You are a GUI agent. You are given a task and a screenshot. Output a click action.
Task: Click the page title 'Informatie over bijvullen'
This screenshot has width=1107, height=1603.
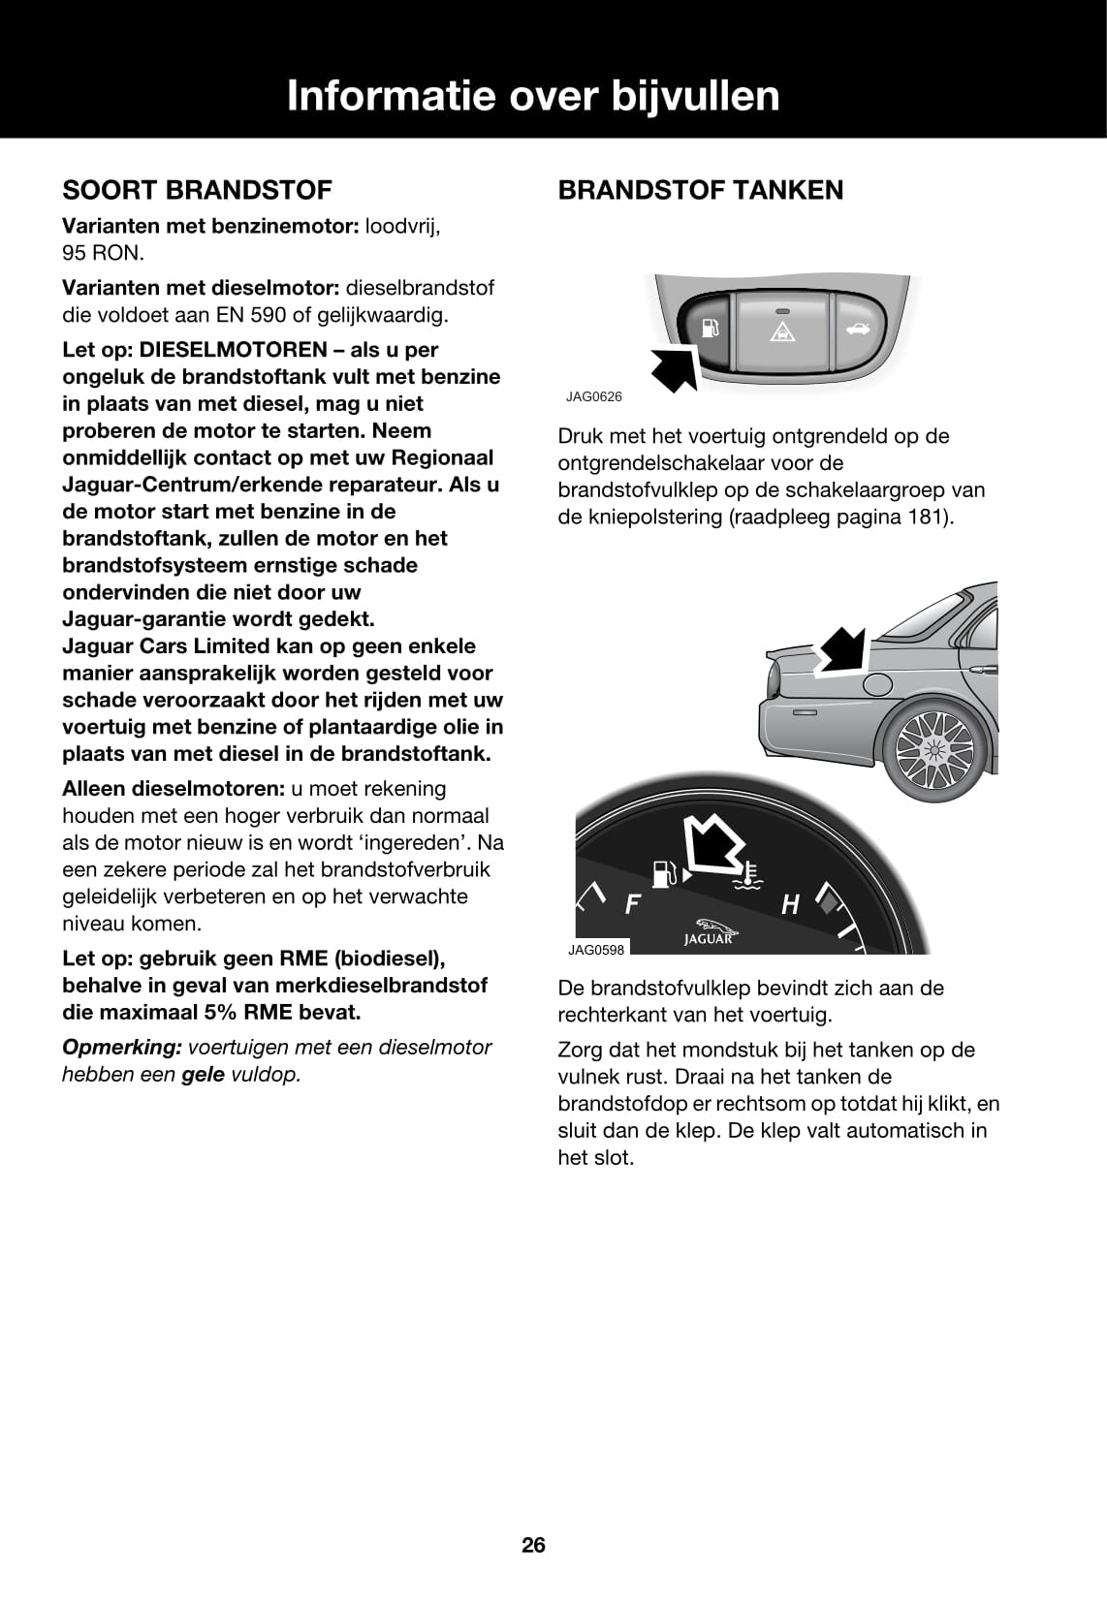tap(533, 97)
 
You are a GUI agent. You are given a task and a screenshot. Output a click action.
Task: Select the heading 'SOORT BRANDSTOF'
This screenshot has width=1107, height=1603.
tap(197, 190)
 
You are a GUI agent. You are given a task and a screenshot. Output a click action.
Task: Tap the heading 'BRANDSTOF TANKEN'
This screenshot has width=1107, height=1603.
tap(700, 190)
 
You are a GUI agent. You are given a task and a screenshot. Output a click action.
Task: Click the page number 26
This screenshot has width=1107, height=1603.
tap(533, 1545)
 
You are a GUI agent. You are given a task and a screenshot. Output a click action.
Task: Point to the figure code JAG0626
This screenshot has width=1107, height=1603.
tap(594, 396)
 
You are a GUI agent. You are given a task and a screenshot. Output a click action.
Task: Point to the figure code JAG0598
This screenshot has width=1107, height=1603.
tap(596, 950)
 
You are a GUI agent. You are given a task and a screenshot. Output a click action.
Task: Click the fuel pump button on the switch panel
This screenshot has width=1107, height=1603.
tap(709, 329)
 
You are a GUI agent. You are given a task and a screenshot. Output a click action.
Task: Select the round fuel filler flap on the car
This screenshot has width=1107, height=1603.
tap(877, 685)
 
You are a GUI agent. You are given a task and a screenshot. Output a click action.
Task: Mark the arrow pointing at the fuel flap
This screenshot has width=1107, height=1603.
tap(841, 648)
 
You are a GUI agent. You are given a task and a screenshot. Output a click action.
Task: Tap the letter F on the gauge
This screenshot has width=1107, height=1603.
tap(633, 905)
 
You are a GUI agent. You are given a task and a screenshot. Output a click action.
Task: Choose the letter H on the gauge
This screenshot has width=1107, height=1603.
tap(790, 905)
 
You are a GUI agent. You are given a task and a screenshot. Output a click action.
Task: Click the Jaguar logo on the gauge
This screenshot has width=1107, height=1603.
tap(709, 932)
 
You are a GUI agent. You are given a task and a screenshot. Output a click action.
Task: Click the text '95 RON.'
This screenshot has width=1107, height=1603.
tap(103, 253)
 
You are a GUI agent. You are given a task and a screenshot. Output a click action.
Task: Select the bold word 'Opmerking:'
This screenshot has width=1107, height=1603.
tap(122, 1047)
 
